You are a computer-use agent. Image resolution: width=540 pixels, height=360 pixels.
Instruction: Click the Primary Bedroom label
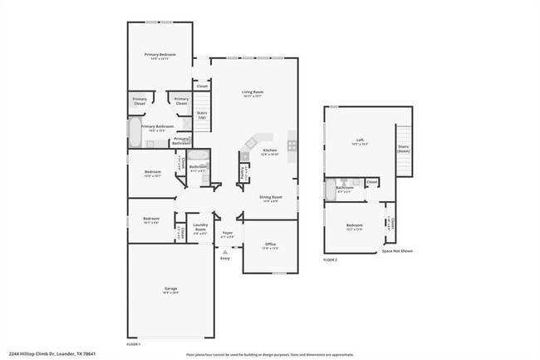click(x=160, y=55)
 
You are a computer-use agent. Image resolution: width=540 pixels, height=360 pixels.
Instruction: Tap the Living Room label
click(x=253, y=92)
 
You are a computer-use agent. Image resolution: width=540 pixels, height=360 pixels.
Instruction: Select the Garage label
click(x=169, y=288)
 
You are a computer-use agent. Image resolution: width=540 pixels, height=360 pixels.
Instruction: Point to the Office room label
click(x=270, y=244)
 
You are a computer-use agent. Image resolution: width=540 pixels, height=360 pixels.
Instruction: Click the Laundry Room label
click(x=200, y=227)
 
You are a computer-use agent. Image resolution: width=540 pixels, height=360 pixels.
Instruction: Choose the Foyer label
click(x=227, y=234)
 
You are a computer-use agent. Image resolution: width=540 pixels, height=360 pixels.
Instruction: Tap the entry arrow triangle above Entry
click(x=224, y=251)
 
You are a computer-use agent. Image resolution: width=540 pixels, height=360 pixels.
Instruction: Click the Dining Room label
click(x=271, y=197)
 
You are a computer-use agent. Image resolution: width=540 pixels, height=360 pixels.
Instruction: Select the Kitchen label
click(x=269, y=150)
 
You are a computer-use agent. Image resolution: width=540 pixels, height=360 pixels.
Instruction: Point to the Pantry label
click(x=242, y=173)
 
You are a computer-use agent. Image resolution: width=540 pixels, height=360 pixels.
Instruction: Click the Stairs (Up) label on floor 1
click(x=202, y=115)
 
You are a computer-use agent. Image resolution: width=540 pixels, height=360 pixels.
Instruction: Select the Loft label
click(x=360, y=140)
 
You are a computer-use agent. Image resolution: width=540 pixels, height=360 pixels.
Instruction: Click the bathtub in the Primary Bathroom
click(x=134, y=131)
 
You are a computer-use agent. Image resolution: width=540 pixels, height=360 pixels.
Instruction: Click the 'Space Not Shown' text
click(x=396, y=250)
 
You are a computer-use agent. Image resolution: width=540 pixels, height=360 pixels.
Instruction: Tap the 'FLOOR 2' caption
click(x=331, y=260)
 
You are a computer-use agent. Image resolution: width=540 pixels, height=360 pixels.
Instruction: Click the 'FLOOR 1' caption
click(x=133, y=343)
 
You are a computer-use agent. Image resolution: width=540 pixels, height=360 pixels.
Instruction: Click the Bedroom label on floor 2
click(x=355, y=225)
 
